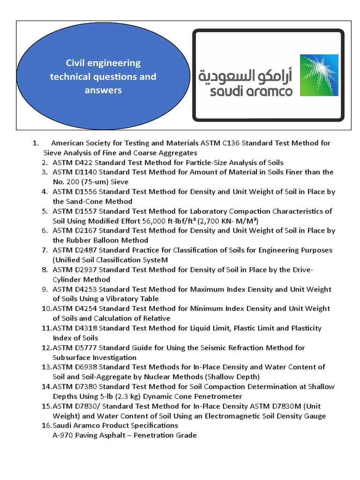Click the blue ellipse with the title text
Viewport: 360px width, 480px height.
click(103, 76)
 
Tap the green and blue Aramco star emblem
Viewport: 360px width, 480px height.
click(318, 75)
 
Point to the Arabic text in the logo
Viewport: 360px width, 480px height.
click(245, 75)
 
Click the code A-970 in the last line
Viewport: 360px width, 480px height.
click(64, 435)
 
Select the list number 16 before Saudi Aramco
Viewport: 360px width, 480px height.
click(46, 426)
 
